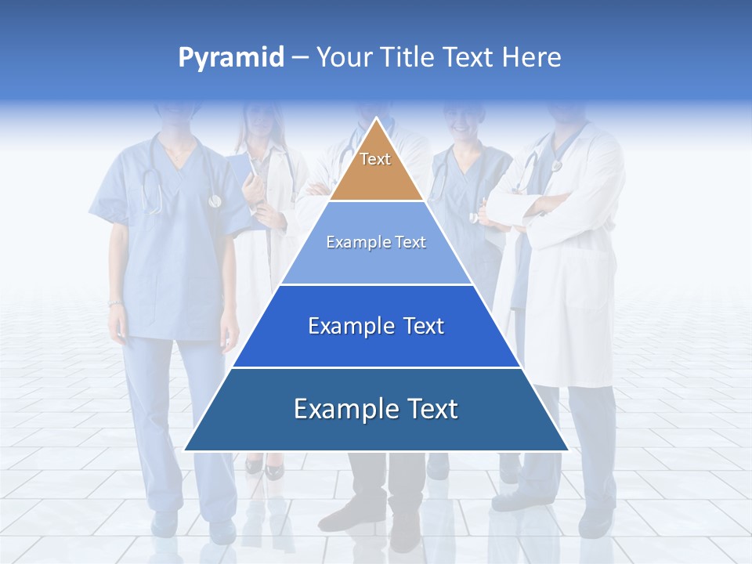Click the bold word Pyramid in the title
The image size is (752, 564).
(231, 58)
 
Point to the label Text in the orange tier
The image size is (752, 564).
(375, 159)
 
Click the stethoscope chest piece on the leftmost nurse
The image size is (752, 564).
(215, 201)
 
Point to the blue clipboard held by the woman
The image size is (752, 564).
(239, 176)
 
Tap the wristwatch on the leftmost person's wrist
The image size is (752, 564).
(115, 303)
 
